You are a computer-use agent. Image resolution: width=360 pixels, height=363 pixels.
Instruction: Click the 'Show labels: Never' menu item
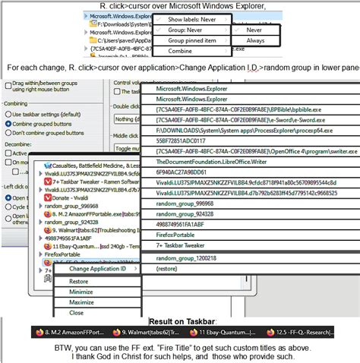pos(191,19)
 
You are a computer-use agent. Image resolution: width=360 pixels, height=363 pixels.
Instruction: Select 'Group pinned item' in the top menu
pos(191,40)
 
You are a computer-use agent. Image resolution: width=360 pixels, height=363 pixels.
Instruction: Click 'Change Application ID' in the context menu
pos(97,268)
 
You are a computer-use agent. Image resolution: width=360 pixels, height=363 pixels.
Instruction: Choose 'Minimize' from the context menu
pos(81,292)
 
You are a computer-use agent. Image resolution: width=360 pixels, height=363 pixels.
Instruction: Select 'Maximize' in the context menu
pos(81,302)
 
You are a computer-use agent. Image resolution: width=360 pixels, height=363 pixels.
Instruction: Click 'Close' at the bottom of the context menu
pos(77,312)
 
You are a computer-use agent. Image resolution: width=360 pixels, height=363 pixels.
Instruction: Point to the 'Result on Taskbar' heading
pos(179,321)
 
